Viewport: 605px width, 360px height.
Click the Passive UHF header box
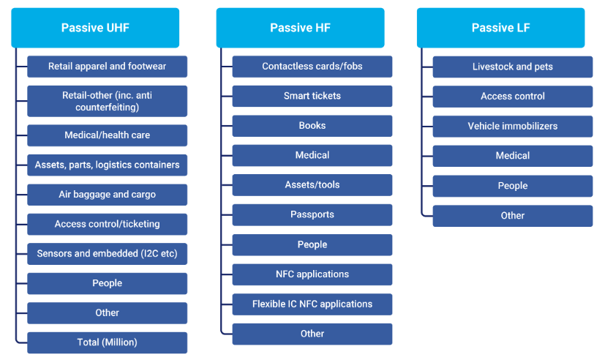(x=95, y=28)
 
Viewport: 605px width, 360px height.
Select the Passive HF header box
(x=300, y=28)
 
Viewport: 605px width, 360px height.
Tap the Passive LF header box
(x=501, y=28)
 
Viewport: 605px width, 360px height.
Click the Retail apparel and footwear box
(x=108, y=67)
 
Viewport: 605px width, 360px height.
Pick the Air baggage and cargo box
(x=108, y=195)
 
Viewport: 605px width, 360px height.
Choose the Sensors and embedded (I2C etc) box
(x=108, y=254)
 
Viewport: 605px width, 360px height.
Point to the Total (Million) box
(x=108, y=342)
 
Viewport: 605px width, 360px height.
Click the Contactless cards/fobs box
(x=312, y=67)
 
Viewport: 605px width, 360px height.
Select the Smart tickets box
(x=312, y=96)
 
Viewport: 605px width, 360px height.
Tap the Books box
(x=312, y=126)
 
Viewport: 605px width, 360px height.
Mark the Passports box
(x=312, y=215)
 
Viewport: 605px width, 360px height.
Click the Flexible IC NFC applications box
(x=312, y=304)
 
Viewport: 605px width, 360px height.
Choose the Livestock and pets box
(x=513, y=67)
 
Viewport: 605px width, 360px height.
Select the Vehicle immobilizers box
(x=513, y=126)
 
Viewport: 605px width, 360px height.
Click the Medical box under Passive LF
(x=513, y=156)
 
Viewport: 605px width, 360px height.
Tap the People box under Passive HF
(x=312, y=244)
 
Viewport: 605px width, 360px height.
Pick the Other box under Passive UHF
(x=108, y=313)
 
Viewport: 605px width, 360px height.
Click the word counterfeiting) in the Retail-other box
(x=108, y=108)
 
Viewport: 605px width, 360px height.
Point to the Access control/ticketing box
(x=108, y=224)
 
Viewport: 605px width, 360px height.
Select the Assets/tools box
(x=312, y=185)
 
